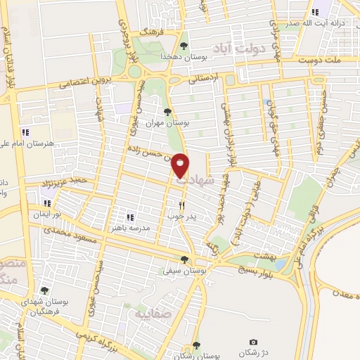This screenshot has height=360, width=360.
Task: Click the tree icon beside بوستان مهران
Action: [167, 111]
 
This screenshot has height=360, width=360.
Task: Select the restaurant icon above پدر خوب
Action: [181, 206]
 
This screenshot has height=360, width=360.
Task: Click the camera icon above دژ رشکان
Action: [253, 342]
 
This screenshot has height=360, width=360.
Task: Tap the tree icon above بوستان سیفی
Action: [184, 259]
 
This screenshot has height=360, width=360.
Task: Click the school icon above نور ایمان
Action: [47, 204]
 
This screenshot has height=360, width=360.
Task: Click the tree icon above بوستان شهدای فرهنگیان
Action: [44, 290]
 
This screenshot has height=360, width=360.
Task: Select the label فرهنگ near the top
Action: [151, 32]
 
